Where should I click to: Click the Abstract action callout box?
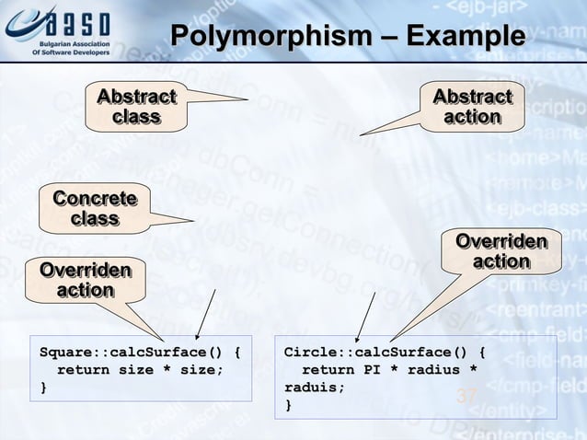[472, 107]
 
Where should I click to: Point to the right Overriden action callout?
[501, 251]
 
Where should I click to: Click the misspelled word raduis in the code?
[313, 388]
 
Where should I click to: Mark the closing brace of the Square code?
[42, 388]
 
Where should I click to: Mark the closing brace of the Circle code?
[288, 405]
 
